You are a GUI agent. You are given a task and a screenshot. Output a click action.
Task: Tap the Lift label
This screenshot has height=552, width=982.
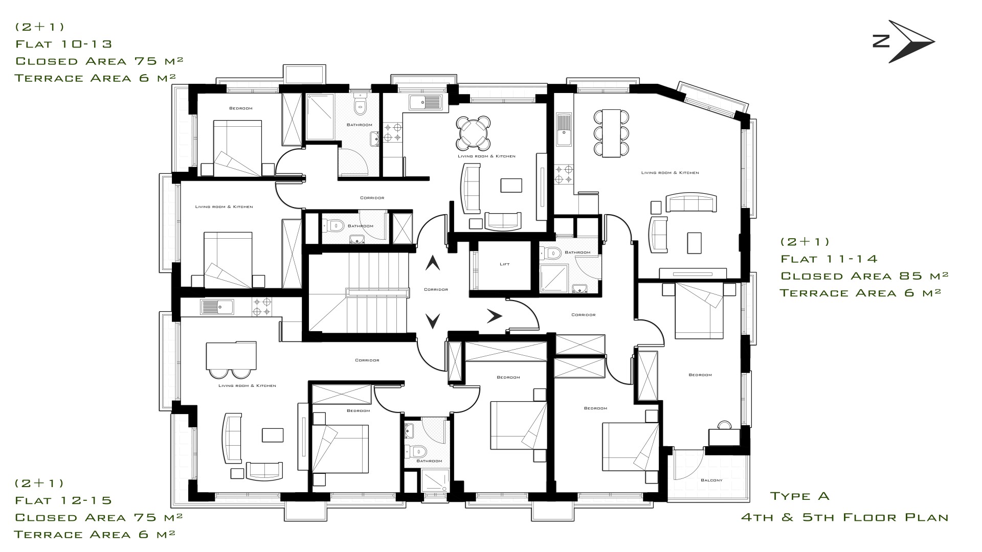[504, 264]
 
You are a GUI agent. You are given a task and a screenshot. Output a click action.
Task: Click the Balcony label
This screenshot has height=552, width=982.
[711, 480]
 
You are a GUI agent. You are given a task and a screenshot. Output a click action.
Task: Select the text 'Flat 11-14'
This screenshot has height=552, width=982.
[829, 259]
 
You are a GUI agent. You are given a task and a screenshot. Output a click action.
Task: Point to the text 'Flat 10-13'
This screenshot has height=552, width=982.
[63, 44]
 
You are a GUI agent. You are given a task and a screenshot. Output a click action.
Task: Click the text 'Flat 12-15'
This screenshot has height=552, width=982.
[63, 500]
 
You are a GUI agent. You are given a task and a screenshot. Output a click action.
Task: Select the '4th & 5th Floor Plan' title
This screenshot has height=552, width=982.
[845, 518]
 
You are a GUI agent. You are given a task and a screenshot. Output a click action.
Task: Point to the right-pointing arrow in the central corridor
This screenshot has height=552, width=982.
[494, 317]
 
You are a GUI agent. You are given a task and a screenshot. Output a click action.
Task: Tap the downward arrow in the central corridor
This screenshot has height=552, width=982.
[433, 321]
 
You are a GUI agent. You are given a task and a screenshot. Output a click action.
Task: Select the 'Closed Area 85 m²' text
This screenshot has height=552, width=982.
[864, 276]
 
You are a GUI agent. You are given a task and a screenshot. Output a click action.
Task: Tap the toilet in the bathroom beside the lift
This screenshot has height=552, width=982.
[550, 252]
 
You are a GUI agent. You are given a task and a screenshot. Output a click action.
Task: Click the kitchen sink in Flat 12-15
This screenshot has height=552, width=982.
[217, 307]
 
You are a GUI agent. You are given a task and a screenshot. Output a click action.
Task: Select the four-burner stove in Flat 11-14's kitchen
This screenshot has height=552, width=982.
[564, 174]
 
